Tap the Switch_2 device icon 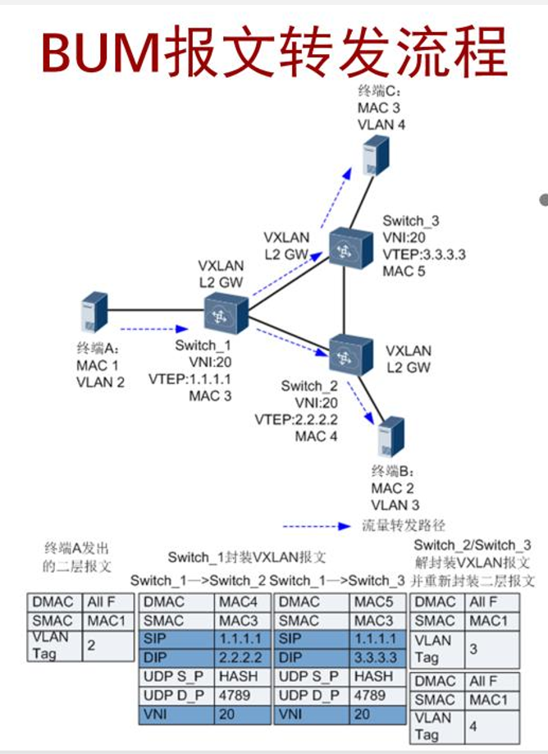(x=349, y=354)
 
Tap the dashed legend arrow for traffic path (x=317, y=526)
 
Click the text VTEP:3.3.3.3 (x=424, y=254)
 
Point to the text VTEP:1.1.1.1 (x=190, y=378)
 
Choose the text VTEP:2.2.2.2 (x=296, y=418)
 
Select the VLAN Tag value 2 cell (x=108, y=646)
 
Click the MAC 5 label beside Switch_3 (x=404, y=271)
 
